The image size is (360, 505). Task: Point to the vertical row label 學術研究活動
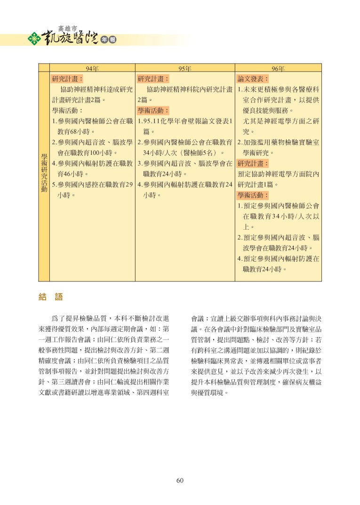[44, 173]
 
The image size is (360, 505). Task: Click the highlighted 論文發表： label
[253, 79]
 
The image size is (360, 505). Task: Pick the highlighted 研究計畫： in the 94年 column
[68, 79]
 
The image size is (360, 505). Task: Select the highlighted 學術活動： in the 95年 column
[153, 111]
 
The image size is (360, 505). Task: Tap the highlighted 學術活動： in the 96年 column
[253, 195]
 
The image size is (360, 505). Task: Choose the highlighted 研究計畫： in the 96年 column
[253, 164]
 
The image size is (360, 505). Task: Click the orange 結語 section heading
[50, 297]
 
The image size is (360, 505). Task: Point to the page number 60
[180, 480]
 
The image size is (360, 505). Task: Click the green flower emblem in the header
[34, 39]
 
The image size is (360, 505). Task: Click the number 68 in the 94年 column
[73, 131]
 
